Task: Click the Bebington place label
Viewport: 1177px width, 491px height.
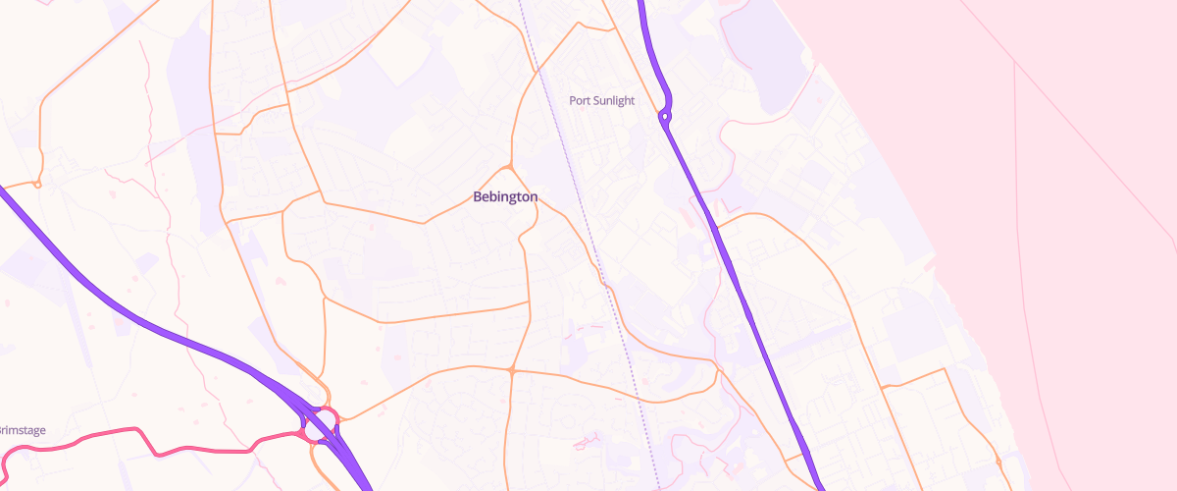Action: [505, 196]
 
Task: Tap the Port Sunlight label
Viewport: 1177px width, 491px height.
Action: [602, 100]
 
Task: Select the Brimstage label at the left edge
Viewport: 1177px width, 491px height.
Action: [22, 430]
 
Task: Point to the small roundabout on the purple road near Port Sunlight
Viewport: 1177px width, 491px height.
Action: [665, 117]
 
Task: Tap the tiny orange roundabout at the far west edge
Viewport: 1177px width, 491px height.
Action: [37, 184]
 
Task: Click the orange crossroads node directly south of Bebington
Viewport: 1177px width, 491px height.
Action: [512, 370]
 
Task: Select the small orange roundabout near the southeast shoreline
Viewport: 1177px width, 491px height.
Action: [998, 461]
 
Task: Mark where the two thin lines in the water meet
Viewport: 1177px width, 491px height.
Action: [1014, 61]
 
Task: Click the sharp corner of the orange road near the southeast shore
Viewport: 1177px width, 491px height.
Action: [945, 369]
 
